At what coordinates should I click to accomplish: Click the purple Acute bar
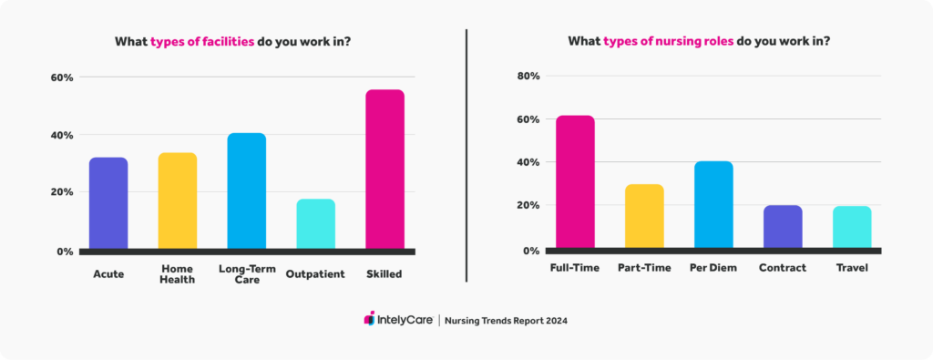click(108, 202)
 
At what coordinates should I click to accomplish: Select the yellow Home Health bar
click(178, 201)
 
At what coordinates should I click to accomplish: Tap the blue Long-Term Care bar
click(247, 190)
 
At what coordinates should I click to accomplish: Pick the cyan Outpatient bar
click(316, 223)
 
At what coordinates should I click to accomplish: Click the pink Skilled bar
click(384, 169)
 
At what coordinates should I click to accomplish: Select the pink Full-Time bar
click(575, 181)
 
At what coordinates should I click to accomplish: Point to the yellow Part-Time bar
click(644, 215)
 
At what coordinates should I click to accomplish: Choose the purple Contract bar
click(783, 226)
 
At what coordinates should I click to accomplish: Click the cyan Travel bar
click(852, 226)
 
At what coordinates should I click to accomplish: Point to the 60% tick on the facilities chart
click(61, 77)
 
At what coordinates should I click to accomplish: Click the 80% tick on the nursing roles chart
click(528, 77)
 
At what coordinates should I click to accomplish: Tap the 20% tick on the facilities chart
click(61, 192)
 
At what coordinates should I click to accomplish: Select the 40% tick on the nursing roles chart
click(528, 162)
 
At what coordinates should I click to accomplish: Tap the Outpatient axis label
click(316, 273)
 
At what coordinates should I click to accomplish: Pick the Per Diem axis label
click(713, 269)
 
